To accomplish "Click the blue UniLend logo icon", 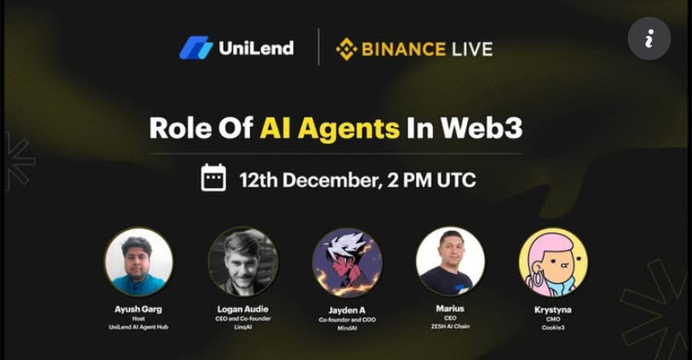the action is [x=196, y=48].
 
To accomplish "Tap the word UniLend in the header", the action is [x=256, y=48].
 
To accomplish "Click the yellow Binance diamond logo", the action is [x=347, y=49].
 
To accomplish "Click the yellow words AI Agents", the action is [x=329, y=129].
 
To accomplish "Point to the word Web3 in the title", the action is [x=481, y=128].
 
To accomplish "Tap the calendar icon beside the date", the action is [x=214, y=178].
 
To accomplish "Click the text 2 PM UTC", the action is [x=431, y=180].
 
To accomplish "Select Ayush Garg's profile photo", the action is [x=139, y=262].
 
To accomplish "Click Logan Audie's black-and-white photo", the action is [x=243, y=262].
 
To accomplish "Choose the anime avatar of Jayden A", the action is [x=347, y=263].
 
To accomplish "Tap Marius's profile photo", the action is [x=450, y=261].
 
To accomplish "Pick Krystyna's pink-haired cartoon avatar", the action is [x=553, y=263].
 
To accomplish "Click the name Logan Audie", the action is [x=243, y=309].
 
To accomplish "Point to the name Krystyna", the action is [x=553, y=310].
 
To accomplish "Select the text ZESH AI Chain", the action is [x=450, y=326].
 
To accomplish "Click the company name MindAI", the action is [x=347, y=328].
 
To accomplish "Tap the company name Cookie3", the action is [x=553, y=328].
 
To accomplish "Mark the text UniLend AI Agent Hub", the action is [x=139, y=327].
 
